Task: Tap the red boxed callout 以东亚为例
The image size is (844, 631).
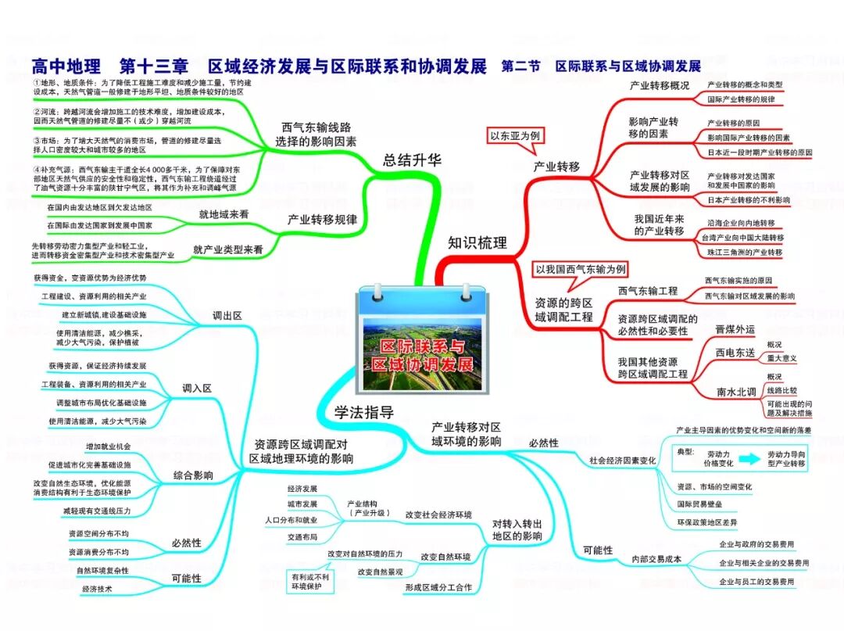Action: point(514,135)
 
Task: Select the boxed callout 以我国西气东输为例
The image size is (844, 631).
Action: point(580,270)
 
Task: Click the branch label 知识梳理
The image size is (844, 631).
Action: point(477,242)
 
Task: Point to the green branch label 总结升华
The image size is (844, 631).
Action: point(412,160)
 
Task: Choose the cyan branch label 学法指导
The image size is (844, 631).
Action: point(363,412)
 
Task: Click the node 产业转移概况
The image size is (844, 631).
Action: point(660,86)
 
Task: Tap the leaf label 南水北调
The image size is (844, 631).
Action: point(736,391)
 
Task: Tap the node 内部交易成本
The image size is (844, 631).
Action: point(656,559)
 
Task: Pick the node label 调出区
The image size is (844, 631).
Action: point(227,315)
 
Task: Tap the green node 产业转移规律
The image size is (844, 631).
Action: point(323,220)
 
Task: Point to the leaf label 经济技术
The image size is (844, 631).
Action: point(98,589)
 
